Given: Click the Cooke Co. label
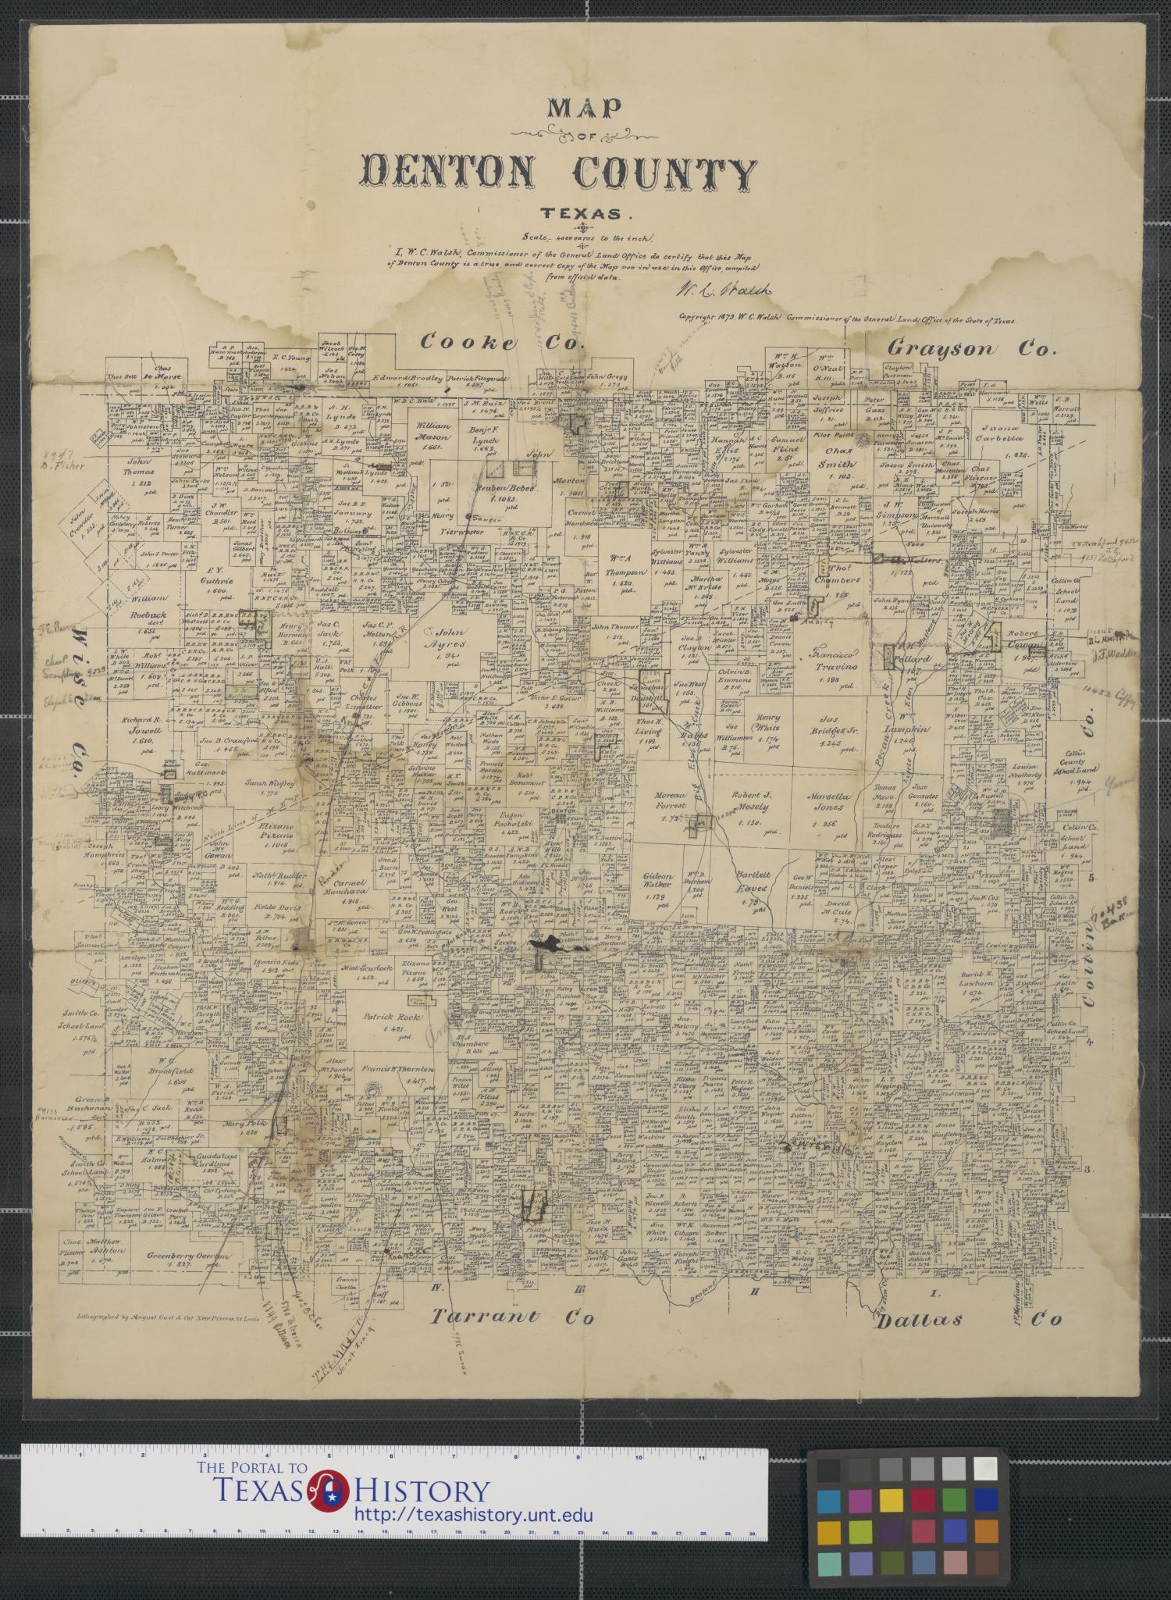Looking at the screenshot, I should coord(501,342).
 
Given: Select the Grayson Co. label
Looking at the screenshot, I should coord(970,348).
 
